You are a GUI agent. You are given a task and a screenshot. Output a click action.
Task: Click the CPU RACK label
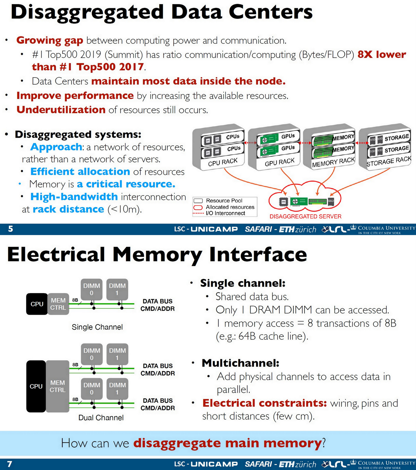[222, 162]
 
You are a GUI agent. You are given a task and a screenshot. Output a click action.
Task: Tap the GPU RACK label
[279, 162]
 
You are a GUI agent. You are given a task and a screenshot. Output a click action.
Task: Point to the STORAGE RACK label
[388, 161]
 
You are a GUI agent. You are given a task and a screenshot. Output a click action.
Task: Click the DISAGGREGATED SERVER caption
[305, 216]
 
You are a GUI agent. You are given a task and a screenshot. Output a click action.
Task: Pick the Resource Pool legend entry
[224, 201]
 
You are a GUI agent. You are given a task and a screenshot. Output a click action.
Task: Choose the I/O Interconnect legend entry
[225, 213]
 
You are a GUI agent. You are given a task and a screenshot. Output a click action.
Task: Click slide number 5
[11, 229]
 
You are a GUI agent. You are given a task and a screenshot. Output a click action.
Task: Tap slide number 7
[10, 464]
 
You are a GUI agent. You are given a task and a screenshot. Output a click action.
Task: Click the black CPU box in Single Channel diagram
[37, 304]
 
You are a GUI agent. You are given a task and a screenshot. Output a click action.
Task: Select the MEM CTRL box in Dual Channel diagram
[58, 386]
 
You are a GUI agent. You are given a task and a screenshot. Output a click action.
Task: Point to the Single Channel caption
[97, 327]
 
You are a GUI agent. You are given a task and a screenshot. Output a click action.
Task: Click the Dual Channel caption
[101, 418]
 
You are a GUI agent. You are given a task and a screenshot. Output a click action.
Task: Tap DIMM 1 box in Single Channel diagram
[117, 289]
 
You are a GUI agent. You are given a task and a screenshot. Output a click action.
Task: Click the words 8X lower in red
[382, 54]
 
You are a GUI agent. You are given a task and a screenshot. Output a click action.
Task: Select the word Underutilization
[61, 110]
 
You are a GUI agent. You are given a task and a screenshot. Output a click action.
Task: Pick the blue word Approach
[56, 147]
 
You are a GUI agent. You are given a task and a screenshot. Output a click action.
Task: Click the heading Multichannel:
[240, 363]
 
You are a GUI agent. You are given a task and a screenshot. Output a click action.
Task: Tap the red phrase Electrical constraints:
[264, 403]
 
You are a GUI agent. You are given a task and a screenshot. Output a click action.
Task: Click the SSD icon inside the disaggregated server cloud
[331, 202]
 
